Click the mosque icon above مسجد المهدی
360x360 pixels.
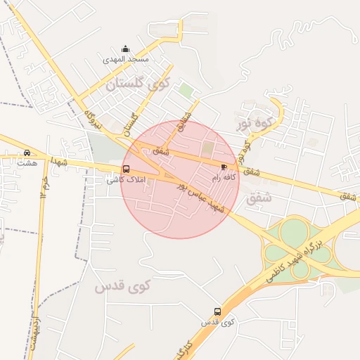[x=125, y=49]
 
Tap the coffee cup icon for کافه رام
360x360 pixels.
[x=224, y=167]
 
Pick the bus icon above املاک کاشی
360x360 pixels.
[x=127, y=169]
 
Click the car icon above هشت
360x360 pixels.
[x=27, y=153]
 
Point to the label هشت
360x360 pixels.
[x=27, y=163]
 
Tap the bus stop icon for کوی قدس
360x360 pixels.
[x=217, y=311]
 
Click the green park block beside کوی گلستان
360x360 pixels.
[x=185, y=91]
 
